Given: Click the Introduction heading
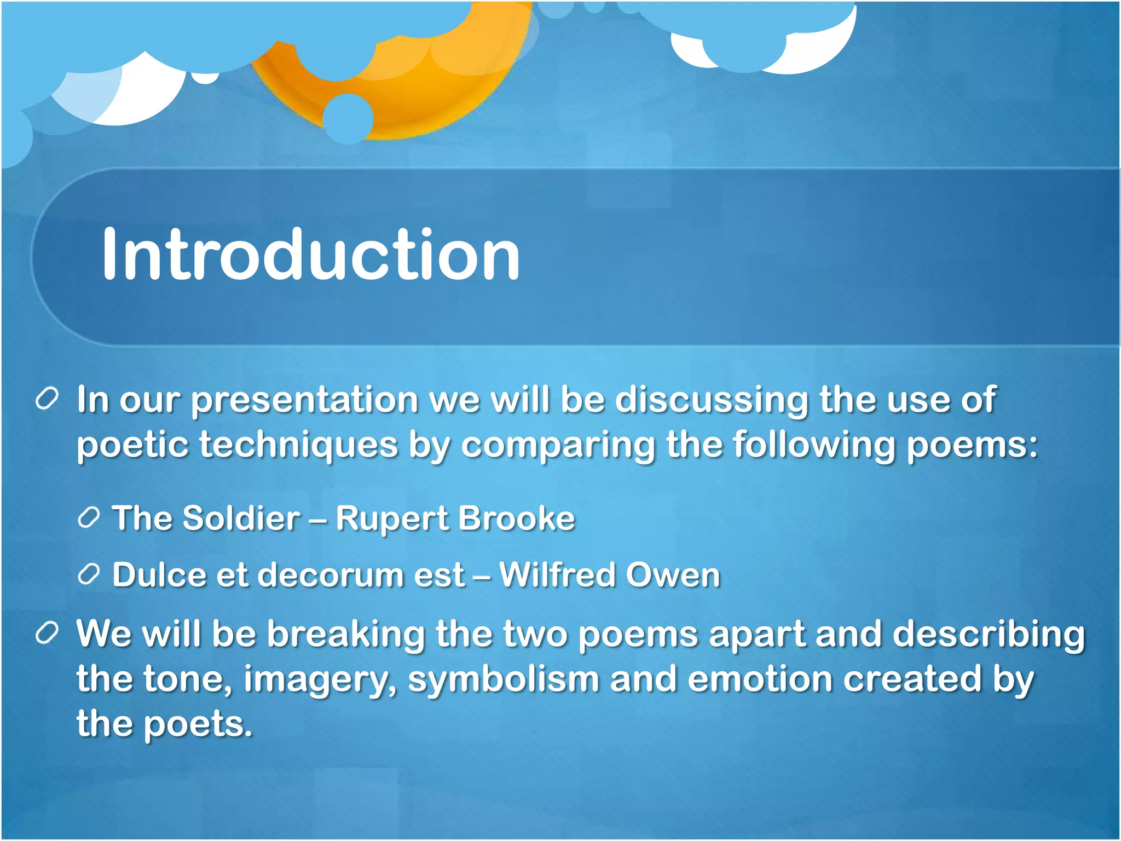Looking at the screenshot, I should click(310, 255).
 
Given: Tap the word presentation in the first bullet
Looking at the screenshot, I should click(304, 401).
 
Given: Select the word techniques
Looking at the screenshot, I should click(298, 445).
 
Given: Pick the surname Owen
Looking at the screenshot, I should click(673, 575).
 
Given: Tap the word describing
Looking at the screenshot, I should click(989, 635).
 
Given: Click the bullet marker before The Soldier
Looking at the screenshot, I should click(89, 518).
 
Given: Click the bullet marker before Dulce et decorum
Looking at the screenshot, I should click(89, 575).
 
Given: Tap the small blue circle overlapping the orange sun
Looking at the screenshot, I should click(348, 118).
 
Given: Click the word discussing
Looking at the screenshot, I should click(711, 401).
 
